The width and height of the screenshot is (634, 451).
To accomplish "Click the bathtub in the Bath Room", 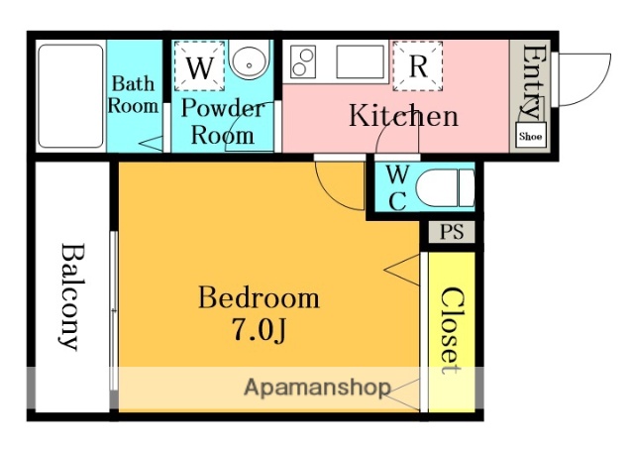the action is (x=70, y=96).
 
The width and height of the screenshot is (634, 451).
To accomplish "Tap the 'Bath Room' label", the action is (x=134, y=94).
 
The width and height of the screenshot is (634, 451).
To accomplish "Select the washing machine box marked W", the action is (x=200, y=66).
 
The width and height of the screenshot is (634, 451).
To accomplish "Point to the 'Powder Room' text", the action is (x=223, y=121).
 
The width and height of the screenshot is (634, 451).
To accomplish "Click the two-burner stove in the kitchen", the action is (x=303, y=61).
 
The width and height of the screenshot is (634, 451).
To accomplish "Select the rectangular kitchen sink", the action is (x=361, y=61).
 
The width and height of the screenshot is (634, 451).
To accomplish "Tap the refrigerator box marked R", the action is (x=418, y=66).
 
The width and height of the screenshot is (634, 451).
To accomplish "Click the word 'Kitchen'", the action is (x=403, y=116).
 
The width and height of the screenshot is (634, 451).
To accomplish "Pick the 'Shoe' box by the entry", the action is (x=531, y=136).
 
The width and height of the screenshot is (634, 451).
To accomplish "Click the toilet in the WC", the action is (x=445, y=188).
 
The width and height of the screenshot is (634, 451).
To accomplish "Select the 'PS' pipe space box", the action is (x=452, y=232).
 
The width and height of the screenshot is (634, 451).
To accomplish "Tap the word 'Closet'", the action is (x=452, y=331).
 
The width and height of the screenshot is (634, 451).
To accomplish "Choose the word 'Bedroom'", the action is (x=259, y=298).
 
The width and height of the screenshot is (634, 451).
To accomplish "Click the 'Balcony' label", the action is (x=72, y=296).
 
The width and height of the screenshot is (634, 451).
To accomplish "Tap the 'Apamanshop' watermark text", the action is (x=317, y=388).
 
